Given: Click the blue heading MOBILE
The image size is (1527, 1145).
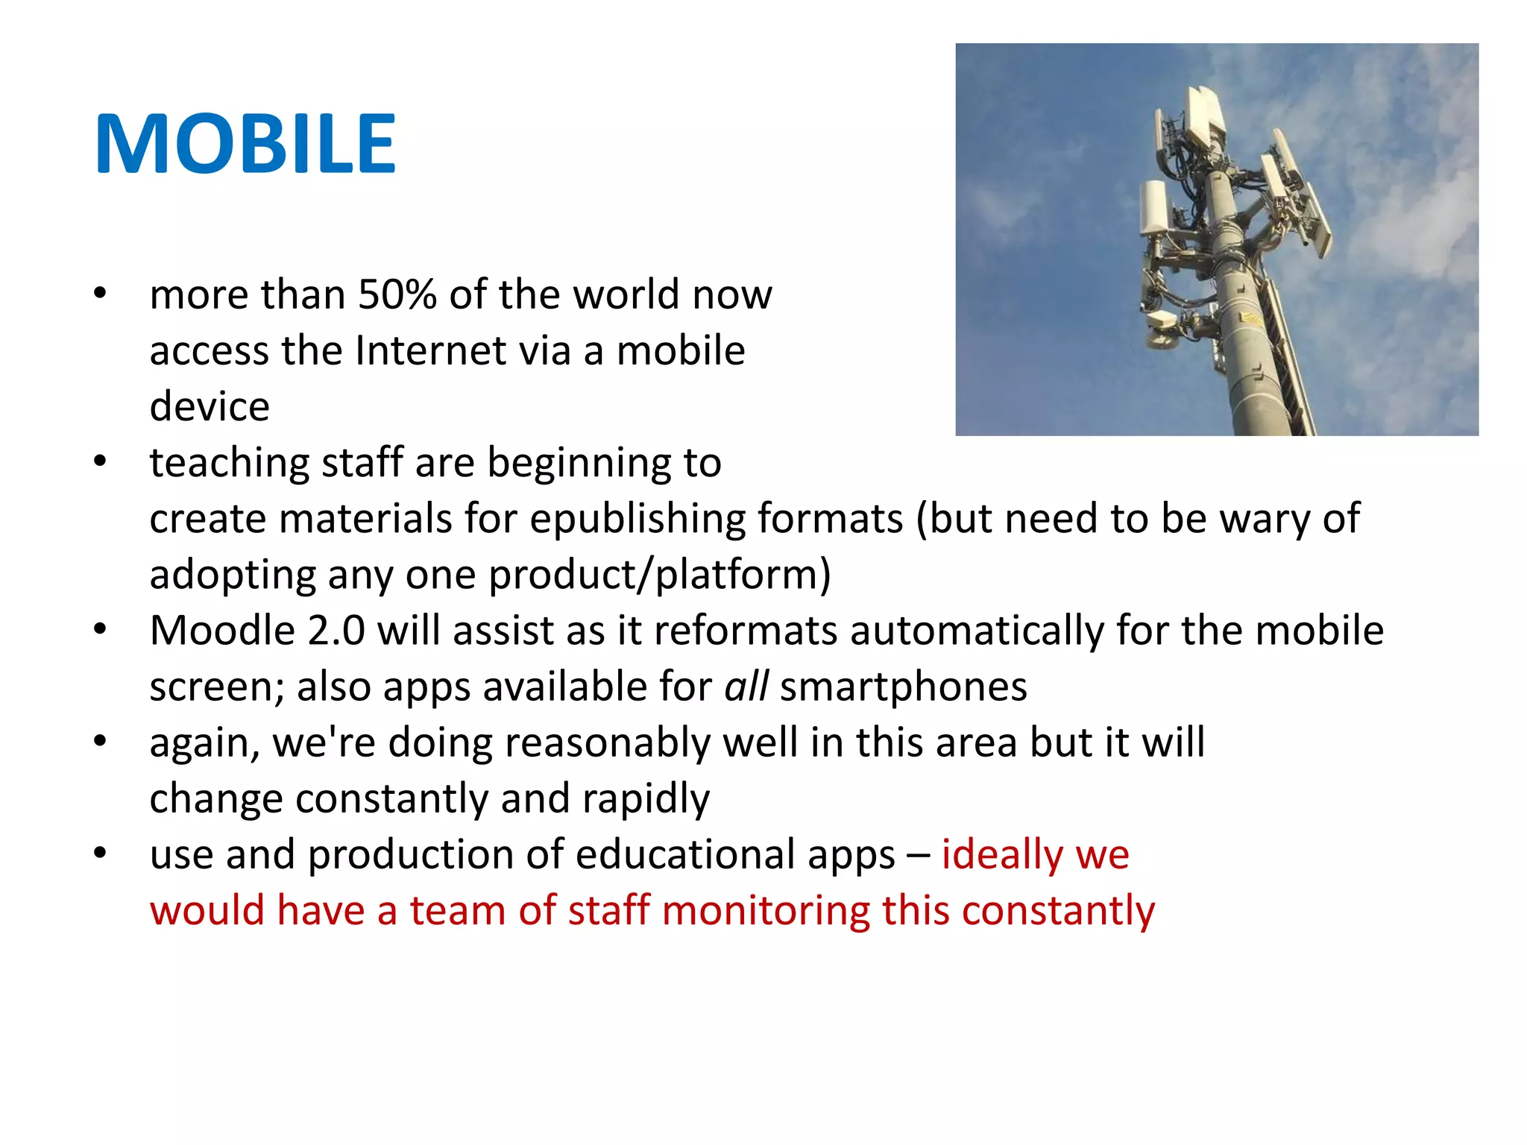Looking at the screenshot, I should (x=245, y=144).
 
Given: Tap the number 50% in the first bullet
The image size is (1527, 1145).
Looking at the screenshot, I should (x=397, y=294).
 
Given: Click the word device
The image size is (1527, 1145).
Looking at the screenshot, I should (x=210, y=406).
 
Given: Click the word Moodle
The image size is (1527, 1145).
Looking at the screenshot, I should (x=222, y=631).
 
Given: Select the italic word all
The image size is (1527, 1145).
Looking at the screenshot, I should (x=746, y=687).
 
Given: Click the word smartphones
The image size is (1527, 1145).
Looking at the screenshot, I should (x=904, y=687).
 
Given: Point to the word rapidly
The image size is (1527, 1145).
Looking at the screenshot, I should (x=646, y=799).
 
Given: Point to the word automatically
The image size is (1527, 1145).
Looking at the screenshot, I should (x=977, y=631).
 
